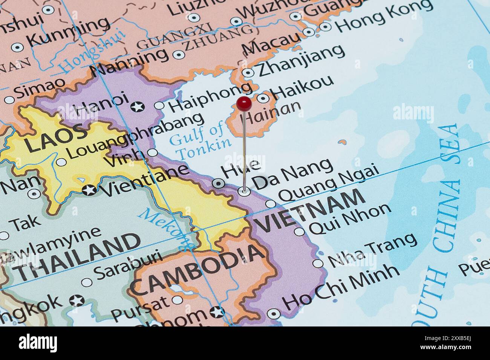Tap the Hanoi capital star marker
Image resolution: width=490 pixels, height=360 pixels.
coord(138,107)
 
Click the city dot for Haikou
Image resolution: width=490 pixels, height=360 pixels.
coord(263,99)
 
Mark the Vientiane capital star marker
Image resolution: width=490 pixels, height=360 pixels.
coord(89,190)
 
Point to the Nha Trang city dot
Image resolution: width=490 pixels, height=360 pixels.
coord(318,263)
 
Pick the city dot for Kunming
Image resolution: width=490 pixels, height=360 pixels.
coord(17,47)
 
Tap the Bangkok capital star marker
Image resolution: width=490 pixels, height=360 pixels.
coord(77,301)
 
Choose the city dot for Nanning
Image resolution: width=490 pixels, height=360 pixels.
coord(178,55)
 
